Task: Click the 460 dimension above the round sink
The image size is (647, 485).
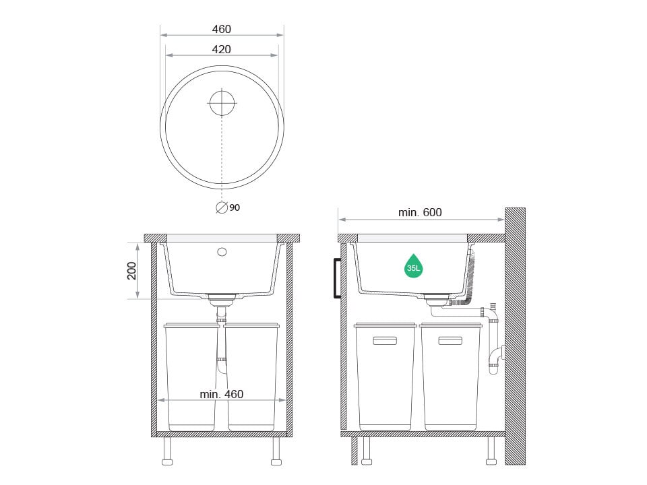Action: click(222, 29)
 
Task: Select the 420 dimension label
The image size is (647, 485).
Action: click(222, 49)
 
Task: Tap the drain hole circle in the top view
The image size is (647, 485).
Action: click(222, 102)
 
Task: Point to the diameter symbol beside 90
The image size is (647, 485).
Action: click(222, 207)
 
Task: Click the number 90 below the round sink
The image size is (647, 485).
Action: click(235, 207)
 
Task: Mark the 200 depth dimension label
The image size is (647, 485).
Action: click(131, 271)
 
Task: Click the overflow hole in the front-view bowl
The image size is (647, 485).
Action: click(222, 251)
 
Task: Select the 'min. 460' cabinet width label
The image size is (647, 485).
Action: click(222, 394)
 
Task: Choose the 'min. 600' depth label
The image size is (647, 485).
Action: click(420, 212)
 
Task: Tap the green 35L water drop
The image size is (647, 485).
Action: click(413, 267)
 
